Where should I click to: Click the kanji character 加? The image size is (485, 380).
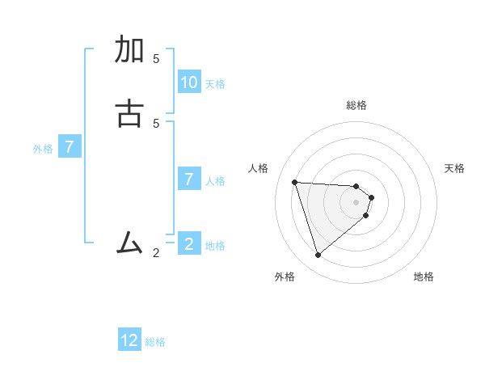coord(130,49)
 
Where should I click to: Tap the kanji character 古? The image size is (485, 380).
coord(130,113)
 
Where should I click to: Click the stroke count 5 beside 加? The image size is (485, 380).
coord(156,59)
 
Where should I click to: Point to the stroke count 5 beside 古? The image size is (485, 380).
coord(156,123)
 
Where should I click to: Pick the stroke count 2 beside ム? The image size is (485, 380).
coord(156,253)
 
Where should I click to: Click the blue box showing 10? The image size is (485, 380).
coord(189,82)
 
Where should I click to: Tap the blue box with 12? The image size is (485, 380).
coord(129,340)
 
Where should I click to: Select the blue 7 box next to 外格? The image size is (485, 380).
coord(70,147)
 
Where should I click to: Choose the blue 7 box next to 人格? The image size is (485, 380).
coord(189,179)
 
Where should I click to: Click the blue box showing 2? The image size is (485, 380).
coord(189,244)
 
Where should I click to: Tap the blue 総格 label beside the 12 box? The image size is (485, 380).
coord(155,342)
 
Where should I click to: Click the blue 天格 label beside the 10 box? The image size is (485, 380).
coord(215,84)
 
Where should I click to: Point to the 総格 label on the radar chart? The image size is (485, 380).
coord(356,105)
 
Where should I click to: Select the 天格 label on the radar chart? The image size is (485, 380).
coord(454,168)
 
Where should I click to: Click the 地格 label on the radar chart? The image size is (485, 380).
coord(424,277)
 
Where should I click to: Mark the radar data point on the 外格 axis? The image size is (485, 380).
coord(318,255)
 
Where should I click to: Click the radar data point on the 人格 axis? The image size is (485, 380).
coord(294,182)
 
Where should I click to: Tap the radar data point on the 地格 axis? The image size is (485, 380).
coord(366,215)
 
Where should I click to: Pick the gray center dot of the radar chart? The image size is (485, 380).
coord(356,202)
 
